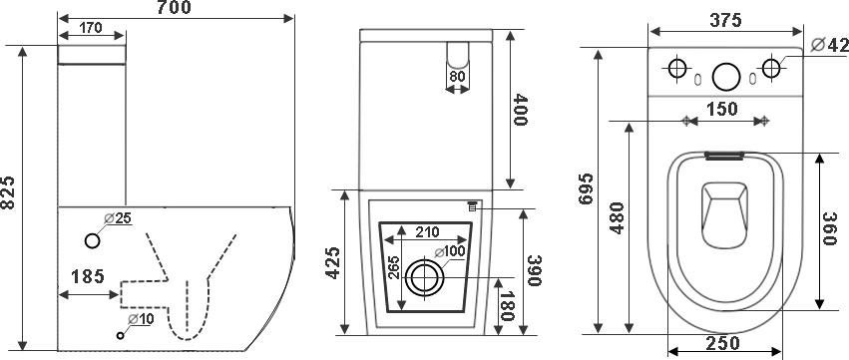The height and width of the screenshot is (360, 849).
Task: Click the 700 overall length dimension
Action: [x=175, y=7]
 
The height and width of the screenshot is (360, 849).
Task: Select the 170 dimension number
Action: [x=91, y=28]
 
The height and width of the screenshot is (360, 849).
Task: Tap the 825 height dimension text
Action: [x=8, y=192]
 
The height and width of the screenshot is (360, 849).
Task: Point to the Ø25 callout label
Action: [x=118, y=218]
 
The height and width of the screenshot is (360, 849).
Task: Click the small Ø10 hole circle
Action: [x=121, y=336]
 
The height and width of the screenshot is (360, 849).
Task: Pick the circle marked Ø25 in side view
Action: [x=93, y=241]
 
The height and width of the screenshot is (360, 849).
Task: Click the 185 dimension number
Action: [x=87, y=276]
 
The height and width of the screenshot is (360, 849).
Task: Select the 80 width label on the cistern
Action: [x=458, y=77]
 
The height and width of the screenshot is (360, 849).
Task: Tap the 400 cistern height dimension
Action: [x=520, y=110]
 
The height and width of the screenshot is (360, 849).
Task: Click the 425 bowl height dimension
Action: [x=333, y=262]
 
